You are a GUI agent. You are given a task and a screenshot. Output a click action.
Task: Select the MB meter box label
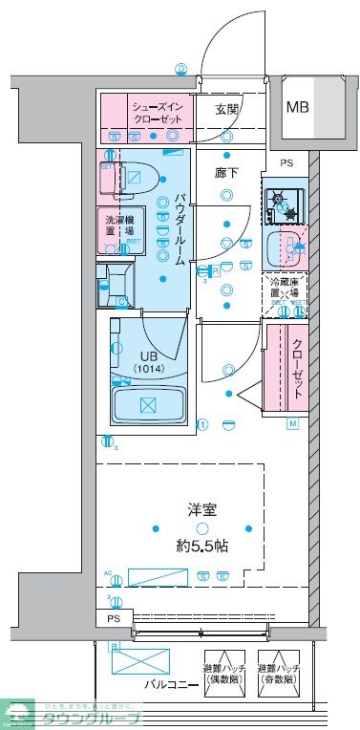click(x=297, y=106)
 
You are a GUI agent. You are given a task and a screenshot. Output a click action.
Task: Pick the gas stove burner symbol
click(x=282, y=203)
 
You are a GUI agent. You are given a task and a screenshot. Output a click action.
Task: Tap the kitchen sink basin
click(x=284, y=248)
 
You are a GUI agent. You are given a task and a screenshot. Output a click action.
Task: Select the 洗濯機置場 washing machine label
click(x=118, y=225)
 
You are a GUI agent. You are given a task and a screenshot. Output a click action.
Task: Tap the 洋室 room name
click(x=201, y=510)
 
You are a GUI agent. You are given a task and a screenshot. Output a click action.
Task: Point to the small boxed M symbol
click(x=293, y=423)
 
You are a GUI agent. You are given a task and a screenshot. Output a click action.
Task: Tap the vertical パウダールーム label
click(x=179, y=230)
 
